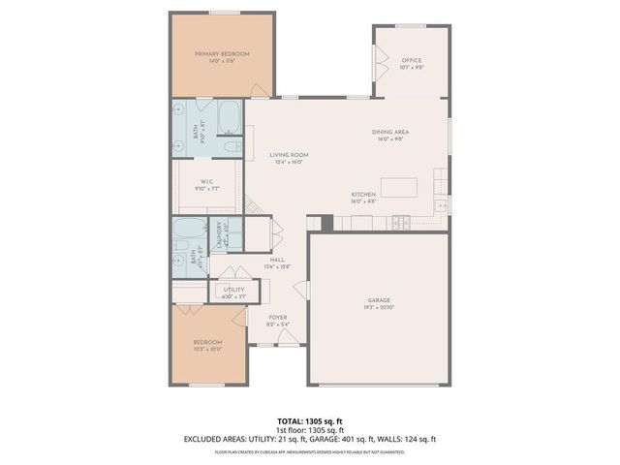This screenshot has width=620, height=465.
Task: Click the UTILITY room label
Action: tap(233, 292)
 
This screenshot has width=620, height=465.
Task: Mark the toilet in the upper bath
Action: tap(231, 146)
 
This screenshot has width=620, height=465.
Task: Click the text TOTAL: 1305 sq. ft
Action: tap(310, 420)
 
